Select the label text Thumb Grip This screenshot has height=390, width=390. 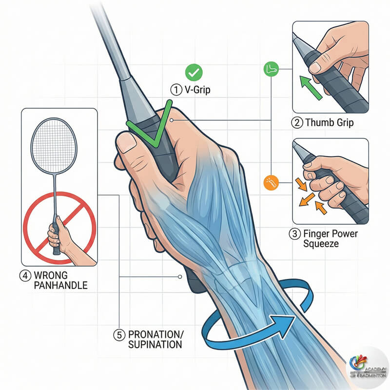point(330,122)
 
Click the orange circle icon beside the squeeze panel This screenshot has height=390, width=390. point(269,181)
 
